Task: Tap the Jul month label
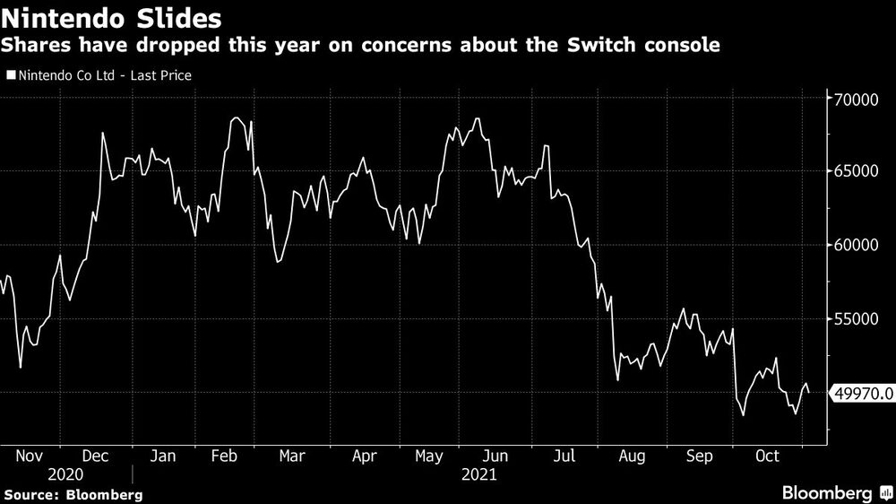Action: click(564, 456)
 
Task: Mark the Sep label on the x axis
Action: click(700, 456)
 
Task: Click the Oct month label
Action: click(767, 456)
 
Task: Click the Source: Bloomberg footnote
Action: click(73, 494)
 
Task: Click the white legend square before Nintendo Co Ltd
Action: click(11, 76)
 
